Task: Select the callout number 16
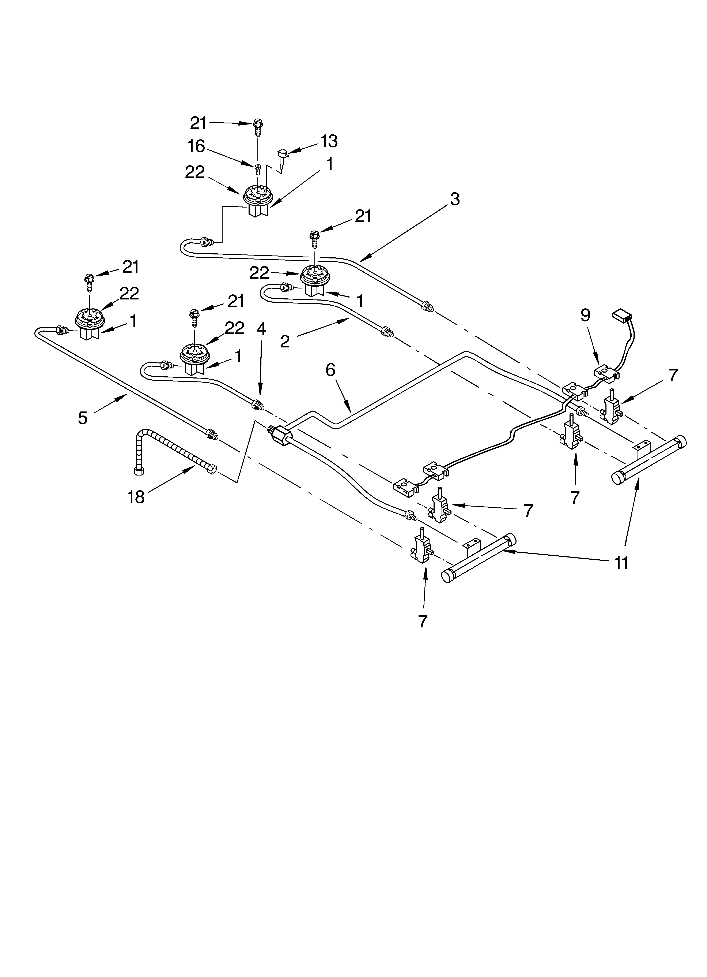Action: tap(196, 146)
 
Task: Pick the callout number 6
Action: tap(330, 370)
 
